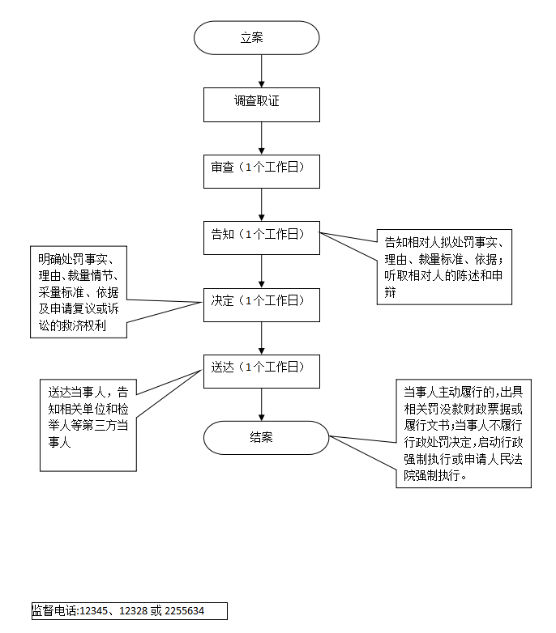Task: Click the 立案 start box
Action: [256, 38]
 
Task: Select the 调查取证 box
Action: [261, 104]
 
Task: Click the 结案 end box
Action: [265, 438]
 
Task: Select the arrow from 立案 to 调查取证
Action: [261, 71]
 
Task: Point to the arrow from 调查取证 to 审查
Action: [261, 138]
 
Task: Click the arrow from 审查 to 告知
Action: [261, 204]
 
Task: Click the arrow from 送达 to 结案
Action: [261, 404]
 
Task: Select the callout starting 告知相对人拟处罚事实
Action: [444, 267]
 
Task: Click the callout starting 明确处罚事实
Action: [79, 292]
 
